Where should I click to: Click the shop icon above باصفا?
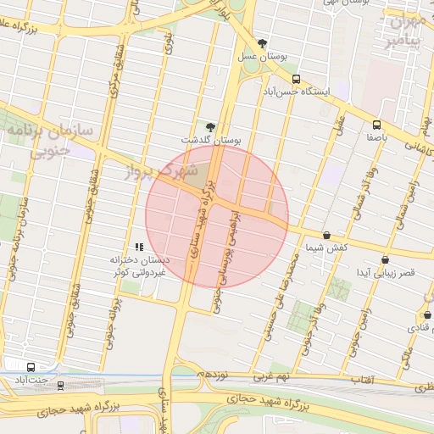coord(376,125)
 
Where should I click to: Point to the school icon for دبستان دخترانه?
coord(139,247)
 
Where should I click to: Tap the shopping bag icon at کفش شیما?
coord(327,235)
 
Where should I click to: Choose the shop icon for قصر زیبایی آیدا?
coord(385,260)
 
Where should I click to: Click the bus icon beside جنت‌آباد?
coord(31,368)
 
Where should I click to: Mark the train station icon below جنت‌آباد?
coord(60,386)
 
